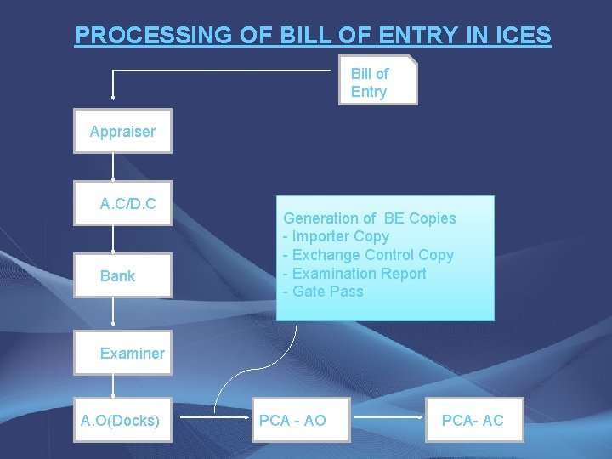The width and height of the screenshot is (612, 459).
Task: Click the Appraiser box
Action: point(122,131)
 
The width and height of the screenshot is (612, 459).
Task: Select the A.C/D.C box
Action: point(122,203)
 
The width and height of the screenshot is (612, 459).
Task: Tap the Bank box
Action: point(122,275)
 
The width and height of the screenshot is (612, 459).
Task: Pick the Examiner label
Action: point(132,354)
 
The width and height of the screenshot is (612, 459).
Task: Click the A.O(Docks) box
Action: point(122,420)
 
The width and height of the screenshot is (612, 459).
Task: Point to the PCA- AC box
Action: point(473,420)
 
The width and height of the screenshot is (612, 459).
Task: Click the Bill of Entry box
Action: point(377,81)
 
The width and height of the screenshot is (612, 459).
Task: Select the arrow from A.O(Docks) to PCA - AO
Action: point(213,419)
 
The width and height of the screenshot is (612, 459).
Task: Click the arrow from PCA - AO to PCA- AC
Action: point(388,419)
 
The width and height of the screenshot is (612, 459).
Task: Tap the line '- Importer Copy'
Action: point(337,236)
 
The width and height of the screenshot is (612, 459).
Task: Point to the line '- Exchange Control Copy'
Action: point(368,255)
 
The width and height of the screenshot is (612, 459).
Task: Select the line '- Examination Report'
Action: point(354,273)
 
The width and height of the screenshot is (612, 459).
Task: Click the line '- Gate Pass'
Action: point(323,292)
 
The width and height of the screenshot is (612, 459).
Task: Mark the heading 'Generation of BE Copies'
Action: point(369,218)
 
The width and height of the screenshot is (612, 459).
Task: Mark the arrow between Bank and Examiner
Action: point(112,317)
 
